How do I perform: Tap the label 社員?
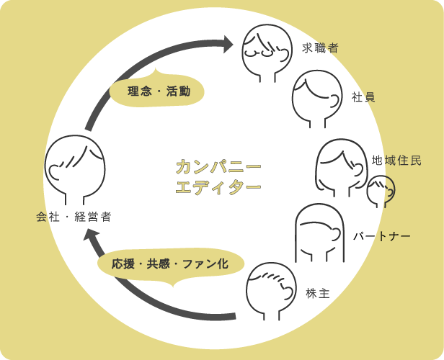pyautogui.click(x=363, y=96)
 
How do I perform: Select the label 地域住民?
pyautogui.click(x=396, y=160)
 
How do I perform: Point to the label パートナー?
pyautogui.click(x=381, y=235)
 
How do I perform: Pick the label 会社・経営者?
pyautogui.click(x=74, y=216)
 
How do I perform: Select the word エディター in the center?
pyautogui.click(x=218, y=189)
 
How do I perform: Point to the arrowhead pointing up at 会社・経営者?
pyautogui.click(x=89, y=235)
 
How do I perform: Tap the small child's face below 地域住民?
pyautogui.click(x=380, y=192)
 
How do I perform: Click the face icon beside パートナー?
pyautogui.click(x=321, y=234)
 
